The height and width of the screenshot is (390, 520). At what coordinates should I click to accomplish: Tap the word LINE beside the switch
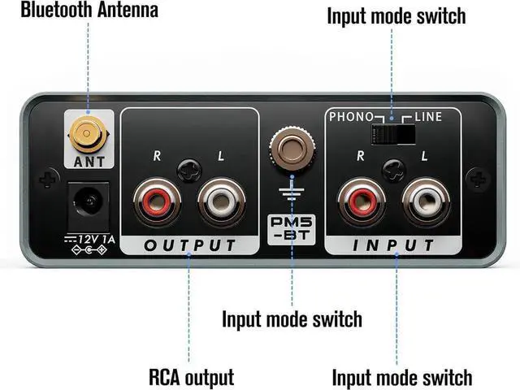click(x=428, y=117)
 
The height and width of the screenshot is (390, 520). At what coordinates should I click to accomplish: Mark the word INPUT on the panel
click(x=392, y=245)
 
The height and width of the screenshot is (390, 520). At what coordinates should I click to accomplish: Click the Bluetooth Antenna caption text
click(x=78, y=11)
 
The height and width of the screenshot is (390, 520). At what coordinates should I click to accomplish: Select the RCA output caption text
click(x=191, y=376)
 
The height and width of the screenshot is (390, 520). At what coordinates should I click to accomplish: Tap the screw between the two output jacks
click(x=188, y=168)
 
